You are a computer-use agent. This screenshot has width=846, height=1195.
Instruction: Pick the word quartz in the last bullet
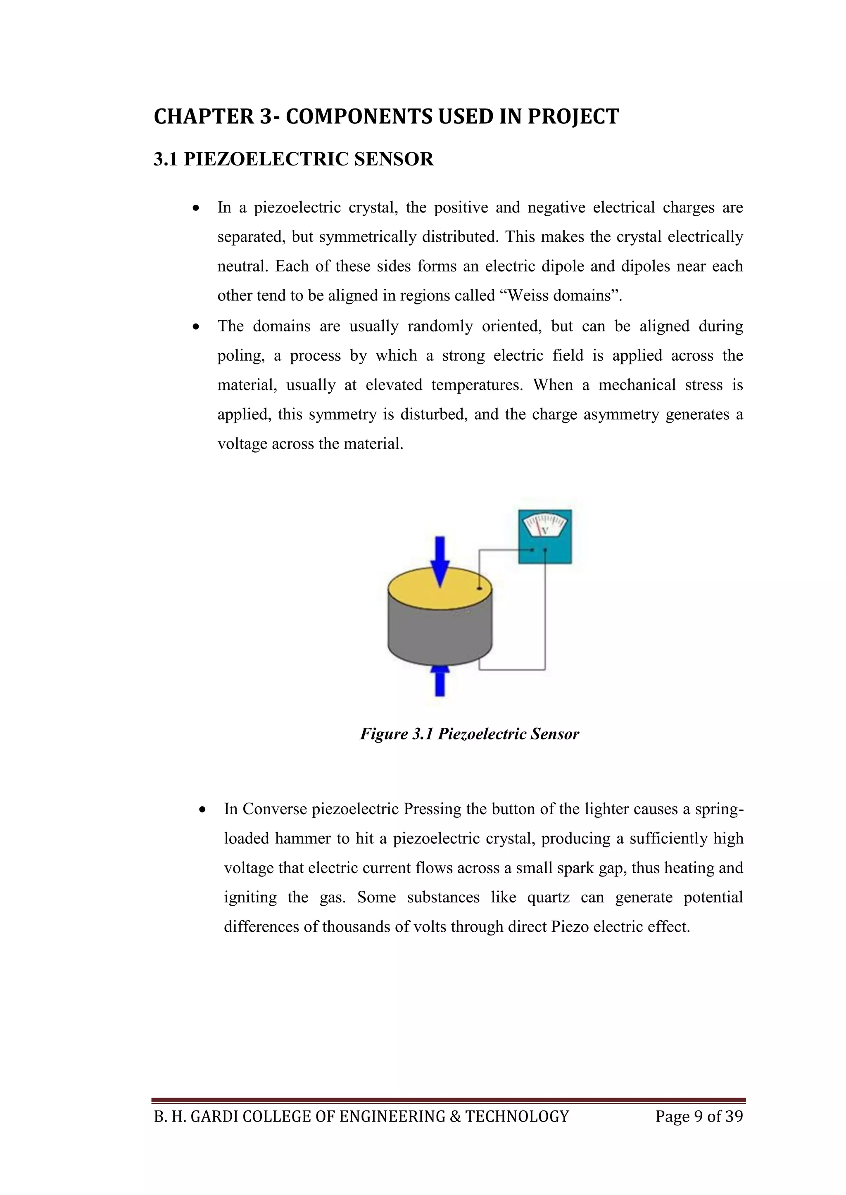point(548,897)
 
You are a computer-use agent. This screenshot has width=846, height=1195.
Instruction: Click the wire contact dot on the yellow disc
point(479,588)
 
